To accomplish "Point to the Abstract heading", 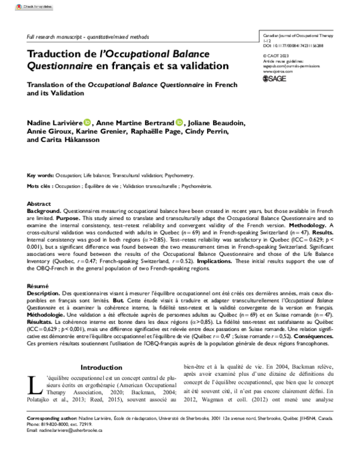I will tap(40, 204).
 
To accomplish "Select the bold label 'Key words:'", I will tap(43, 176).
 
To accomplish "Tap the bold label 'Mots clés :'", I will tap(41, 186).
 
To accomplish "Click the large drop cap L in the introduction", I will tap(34, 385).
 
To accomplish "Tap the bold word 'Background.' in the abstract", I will tap(44, 212).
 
